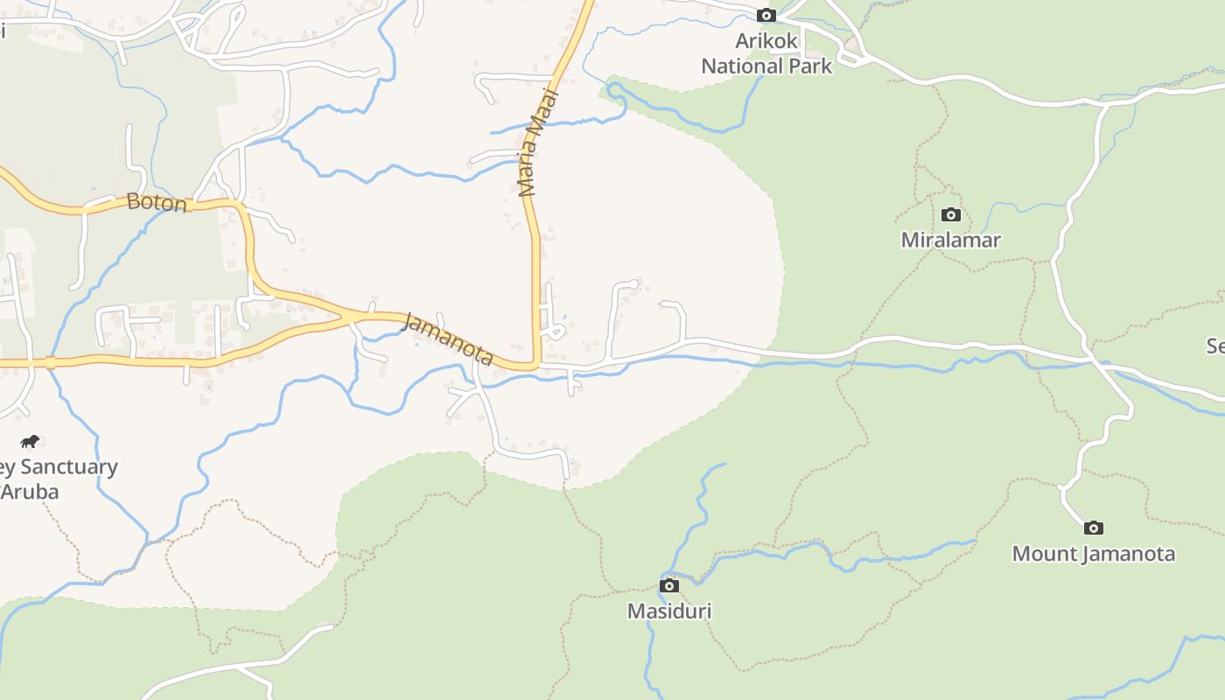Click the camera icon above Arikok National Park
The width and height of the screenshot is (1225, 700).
coord(766,15)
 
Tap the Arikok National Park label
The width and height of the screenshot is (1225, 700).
coord(766,53)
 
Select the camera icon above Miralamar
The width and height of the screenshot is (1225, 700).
coord(951,214)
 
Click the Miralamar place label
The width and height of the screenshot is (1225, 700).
coord(951,240)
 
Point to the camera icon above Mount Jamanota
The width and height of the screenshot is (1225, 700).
coord(1093,528)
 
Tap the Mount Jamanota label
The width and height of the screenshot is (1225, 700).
coord(1093,554)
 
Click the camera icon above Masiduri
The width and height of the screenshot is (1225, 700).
coord(669,585)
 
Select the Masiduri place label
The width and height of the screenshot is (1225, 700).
coord(669,611)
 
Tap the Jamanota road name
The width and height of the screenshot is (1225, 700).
coord(448,339)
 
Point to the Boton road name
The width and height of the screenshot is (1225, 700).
coord(157,203)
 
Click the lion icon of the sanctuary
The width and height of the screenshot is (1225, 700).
coord(30,441)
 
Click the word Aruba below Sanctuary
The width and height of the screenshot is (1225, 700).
coord(30,492)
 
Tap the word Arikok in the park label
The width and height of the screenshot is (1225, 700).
coord(766,41)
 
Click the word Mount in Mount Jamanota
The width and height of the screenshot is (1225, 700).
coord(1044,554)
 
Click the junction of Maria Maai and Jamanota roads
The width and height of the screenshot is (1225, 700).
coord(535,364)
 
